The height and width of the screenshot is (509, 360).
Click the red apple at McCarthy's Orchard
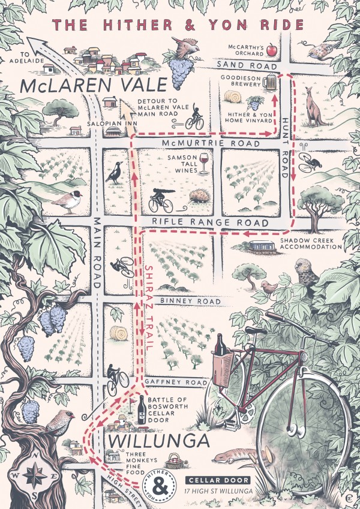click(271, 50)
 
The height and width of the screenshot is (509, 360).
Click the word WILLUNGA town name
click(159, 442)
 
